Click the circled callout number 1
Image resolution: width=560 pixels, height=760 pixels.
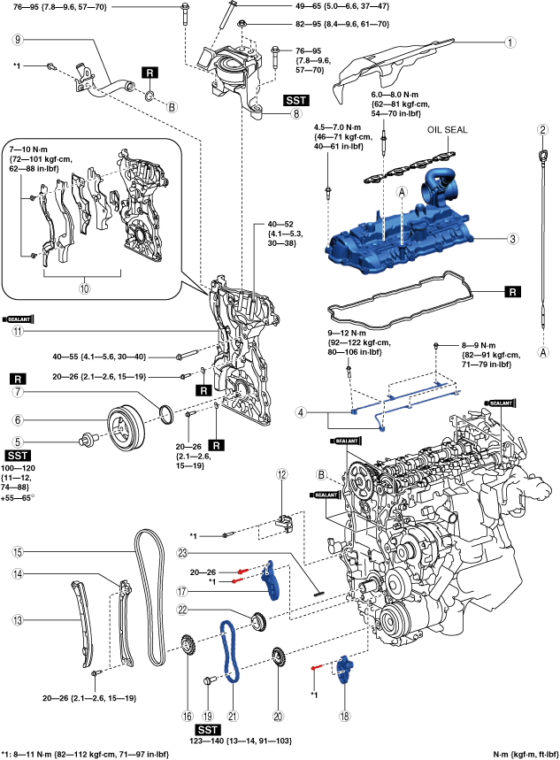pyautogui.click(x=510, y=42)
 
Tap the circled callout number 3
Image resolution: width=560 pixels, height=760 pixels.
pyautogui.click(x=511, y=238)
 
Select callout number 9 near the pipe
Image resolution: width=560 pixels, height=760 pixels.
pyautogui.click(x=18, y=40)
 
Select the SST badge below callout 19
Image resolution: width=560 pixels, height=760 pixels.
pyautogui.click(x=208, y=729)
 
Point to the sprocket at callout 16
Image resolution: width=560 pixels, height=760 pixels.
pyautogui.click(x=188, y=645)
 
